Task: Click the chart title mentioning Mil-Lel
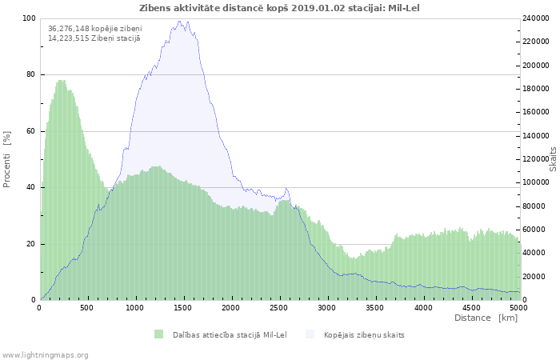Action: coord(278,8)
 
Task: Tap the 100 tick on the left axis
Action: coord(30,18)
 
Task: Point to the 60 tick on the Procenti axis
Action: coord(31,131)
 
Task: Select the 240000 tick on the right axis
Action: coord(538,18)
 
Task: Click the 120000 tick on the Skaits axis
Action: coord(538,159)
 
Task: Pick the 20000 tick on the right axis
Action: coord(535,277)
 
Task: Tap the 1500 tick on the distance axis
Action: coord(183,307)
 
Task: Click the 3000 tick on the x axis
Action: coord(326,307)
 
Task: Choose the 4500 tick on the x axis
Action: coord(470,307)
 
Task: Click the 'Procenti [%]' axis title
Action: coord(7,159)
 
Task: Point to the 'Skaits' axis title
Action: coord(553,159)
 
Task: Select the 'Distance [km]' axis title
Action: coord(486,318)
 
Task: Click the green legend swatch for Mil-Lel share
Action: coord(158,334)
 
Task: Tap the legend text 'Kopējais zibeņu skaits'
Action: coord(364,334)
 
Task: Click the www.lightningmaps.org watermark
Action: coord(45,354)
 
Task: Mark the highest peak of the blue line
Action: coord(180,22)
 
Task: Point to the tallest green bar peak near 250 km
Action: coord(62,81)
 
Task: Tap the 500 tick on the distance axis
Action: coord(87,307)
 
